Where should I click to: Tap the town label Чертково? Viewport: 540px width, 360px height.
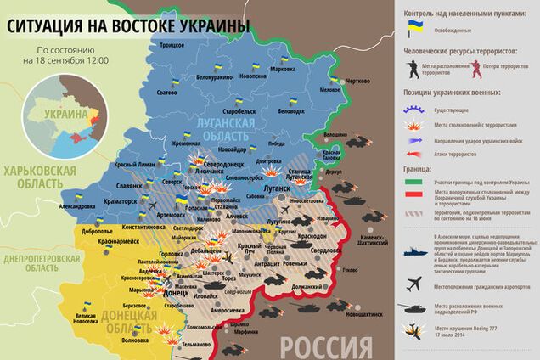coord(358,81)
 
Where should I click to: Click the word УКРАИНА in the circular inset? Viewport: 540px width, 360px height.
coord(67,113)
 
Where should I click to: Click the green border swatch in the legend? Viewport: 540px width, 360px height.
coord(415,182)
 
